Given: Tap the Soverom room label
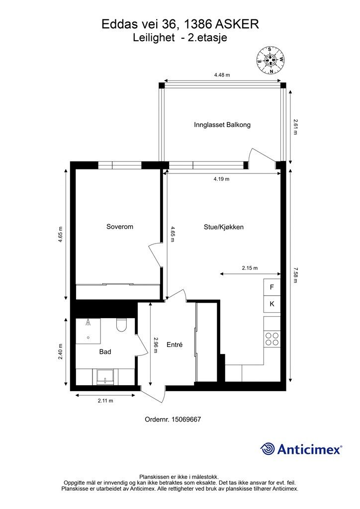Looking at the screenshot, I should pyautogui.click(x=120, y=227).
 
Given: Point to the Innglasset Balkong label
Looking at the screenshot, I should pyautogui.click(x=222, y=125).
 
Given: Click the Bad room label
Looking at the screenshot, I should pyautogui.click(x=105, y=351).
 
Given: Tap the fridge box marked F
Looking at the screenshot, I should pyautogui.click(x=272, y=287).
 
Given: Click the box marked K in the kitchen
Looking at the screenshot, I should pyautogui.click(x=272, y=304).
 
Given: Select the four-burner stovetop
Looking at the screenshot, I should pyautogui.click(x=272, y=339).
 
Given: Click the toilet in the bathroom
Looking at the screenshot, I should pyautogui.click(x=122, y=326).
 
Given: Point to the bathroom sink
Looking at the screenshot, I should pyautogui.click(x=106, y=376).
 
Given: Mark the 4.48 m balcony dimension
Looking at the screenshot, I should pyautogui.click(x=222, y=75).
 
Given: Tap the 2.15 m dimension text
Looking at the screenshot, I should pyautogui.click(x=250, y=268).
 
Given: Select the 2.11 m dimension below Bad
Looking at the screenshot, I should pyautogui.click(x=105, y=401).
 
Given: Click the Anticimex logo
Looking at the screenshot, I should pyautogui.click(x=301, y=449).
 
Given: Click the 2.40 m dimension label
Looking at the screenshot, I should pyautogui.click(x=61, y=353).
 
